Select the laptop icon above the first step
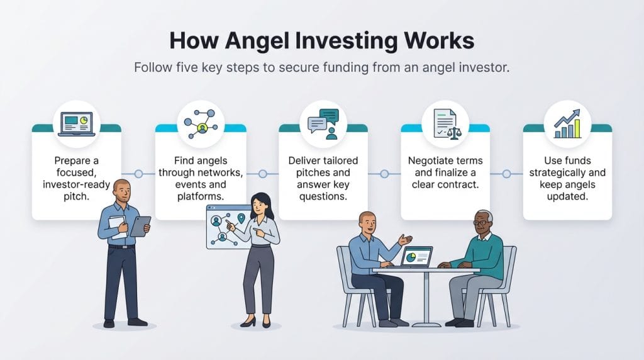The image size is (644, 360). coord(77,124)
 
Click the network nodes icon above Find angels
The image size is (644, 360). coord(201,124)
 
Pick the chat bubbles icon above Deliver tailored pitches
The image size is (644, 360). coord(323,124)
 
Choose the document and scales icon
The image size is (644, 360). coord(447,124)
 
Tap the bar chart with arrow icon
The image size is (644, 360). coord(568,124)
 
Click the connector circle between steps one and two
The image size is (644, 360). coord(139,174)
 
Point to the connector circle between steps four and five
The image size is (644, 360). coord(507,174)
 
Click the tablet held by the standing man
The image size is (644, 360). coord(140,227)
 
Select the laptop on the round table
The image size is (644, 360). coord(416,256)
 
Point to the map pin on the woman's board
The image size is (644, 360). coord(241,218)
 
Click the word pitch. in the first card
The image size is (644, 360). coord(76,196)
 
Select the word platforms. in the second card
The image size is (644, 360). coord(201,196)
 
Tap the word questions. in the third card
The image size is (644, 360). coord(323,196)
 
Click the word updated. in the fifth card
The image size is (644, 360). coord(567,196)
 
